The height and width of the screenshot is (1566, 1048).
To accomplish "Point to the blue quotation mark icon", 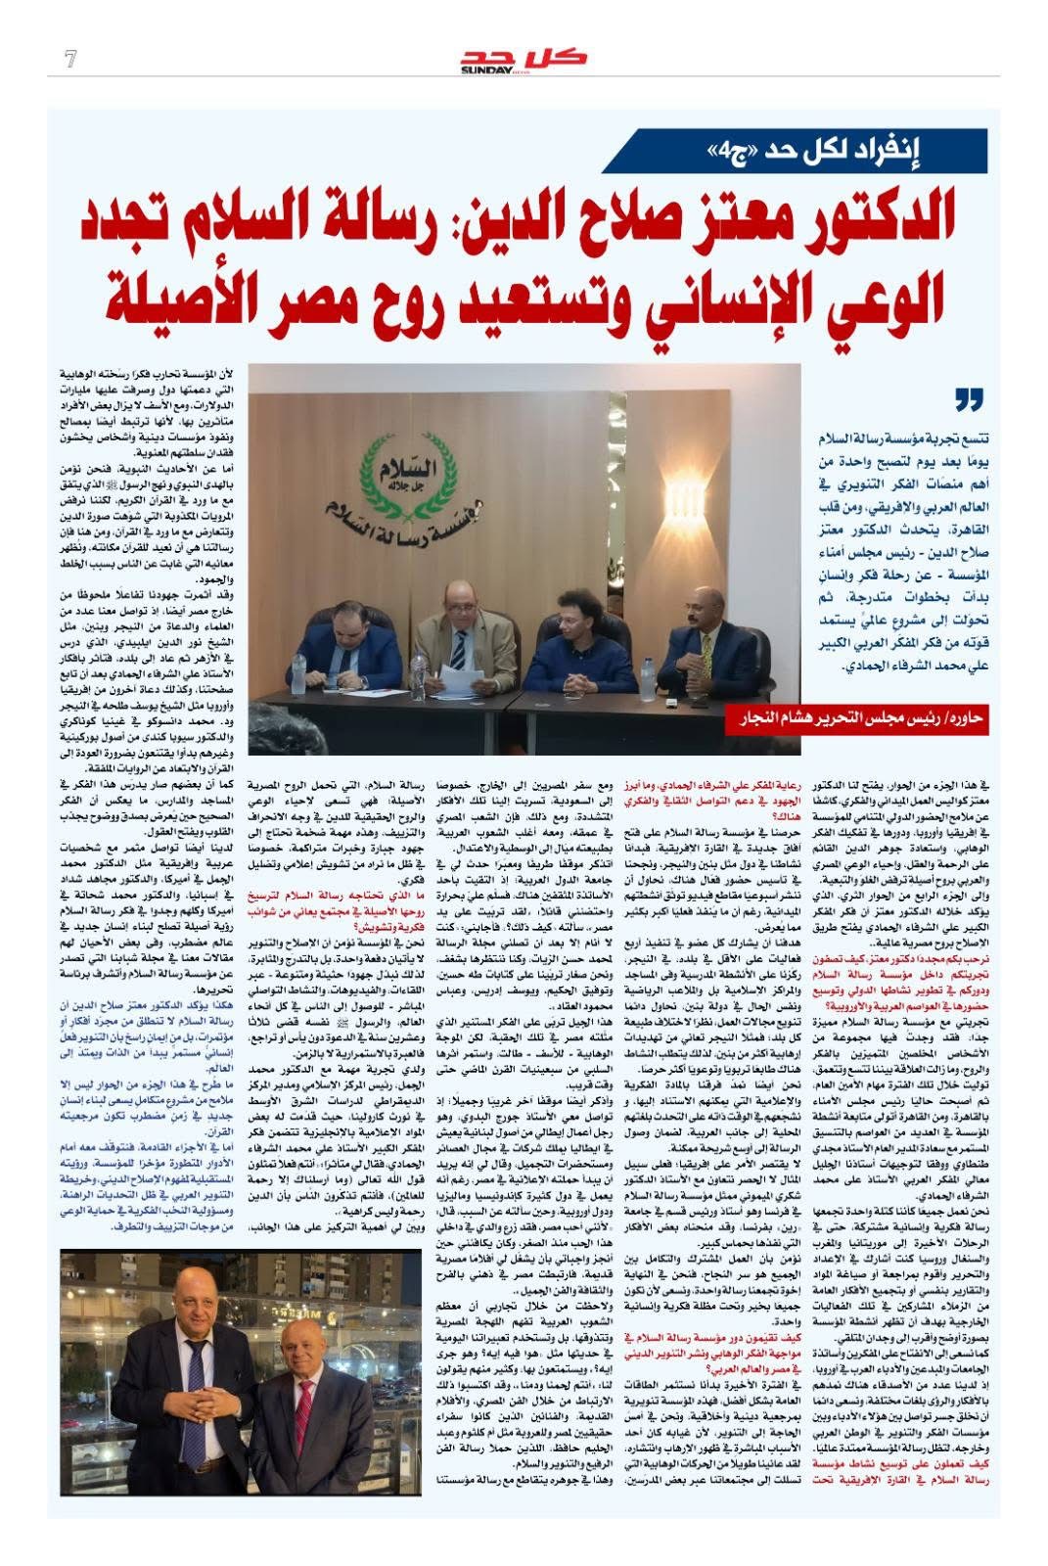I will (968, 399).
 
